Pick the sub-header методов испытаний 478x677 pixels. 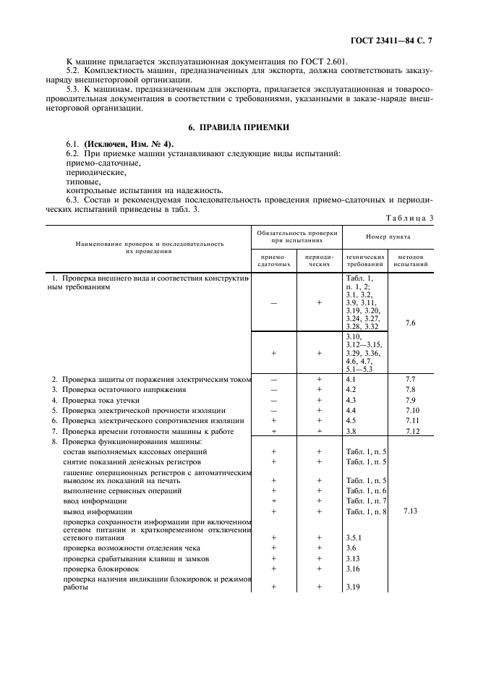click(411, 260)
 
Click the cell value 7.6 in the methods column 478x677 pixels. click(411, 323)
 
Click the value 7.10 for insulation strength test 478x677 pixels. click(411, 410)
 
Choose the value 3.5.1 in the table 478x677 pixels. click(354, 538)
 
